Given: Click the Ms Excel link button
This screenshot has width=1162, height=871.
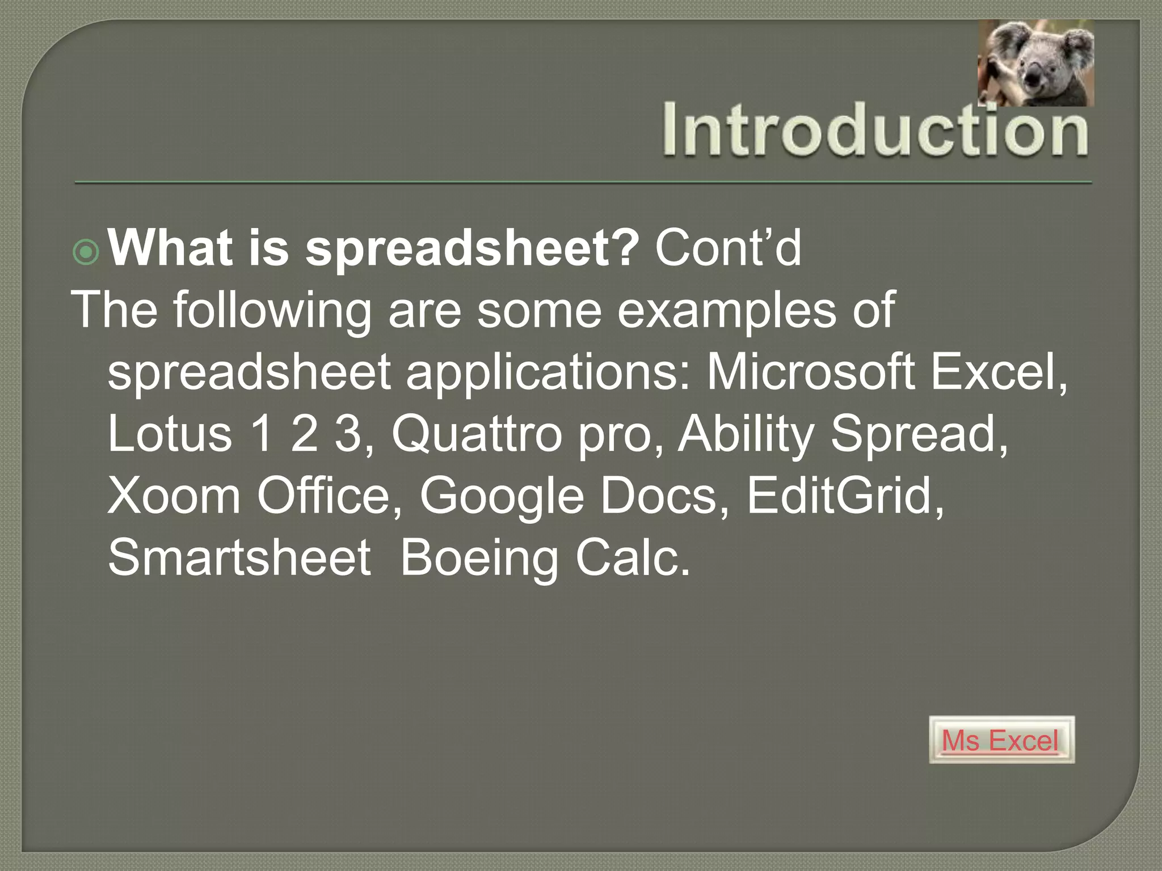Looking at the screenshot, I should coord(1001,740).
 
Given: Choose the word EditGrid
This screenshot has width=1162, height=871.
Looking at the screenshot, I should coord(840,496).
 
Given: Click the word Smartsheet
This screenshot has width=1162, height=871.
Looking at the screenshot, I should coord(239,557).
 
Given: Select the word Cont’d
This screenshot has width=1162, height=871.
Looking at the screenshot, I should coord(728,248).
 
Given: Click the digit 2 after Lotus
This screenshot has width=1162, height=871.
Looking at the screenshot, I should coord(304,434).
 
